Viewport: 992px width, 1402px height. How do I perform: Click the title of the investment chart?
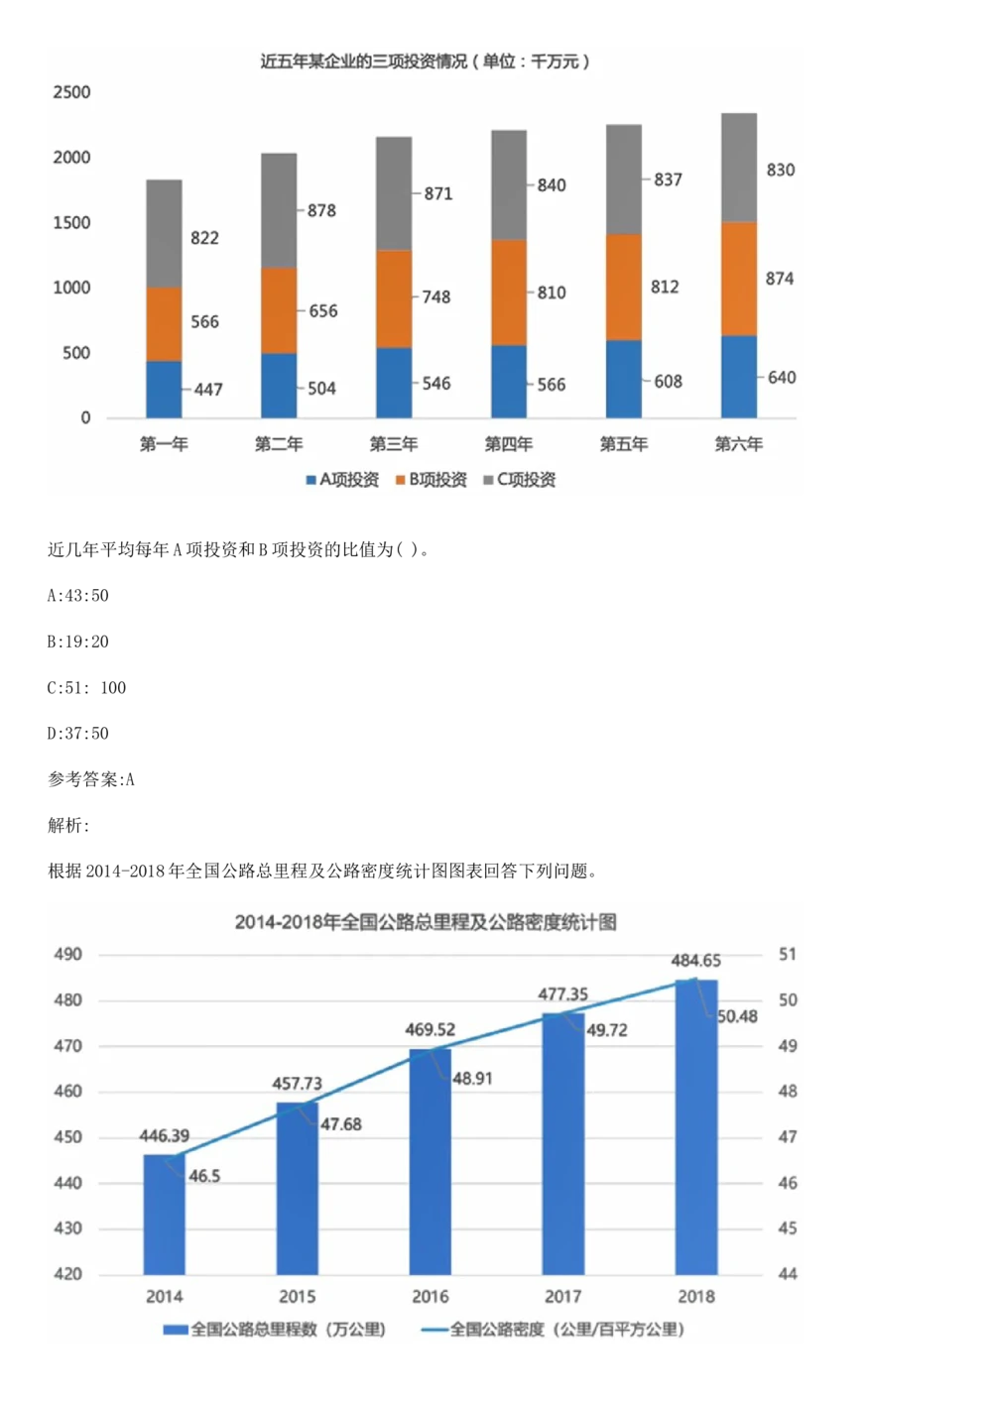click(425, 61)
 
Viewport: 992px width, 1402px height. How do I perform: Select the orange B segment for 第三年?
click(394, 298)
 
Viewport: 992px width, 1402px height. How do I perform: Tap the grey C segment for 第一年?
click(164, 234)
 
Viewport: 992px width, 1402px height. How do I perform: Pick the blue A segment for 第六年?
click(739, 377)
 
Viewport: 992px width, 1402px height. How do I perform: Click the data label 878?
click(321, 211)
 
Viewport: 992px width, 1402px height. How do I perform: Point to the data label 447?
click(208, 390)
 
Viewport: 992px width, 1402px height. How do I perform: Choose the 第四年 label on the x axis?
click(509, 444)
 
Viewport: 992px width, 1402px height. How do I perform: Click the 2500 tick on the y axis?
click(71, 92)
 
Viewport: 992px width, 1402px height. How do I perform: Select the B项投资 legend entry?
click(432, 480)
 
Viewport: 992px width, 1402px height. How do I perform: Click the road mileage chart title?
click(426, 922)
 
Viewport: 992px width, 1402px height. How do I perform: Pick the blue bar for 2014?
click(164, 1215)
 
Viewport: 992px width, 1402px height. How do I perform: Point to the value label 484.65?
click(696, 961)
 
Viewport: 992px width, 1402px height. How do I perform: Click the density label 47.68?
click(341, 1124)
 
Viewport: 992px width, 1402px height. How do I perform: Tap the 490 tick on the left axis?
click(67, 955)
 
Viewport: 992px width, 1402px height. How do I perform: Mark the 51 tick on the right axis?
click(788, 954)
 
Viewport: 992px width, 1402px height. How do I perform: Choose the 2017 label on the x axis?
click(562, 1296)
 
